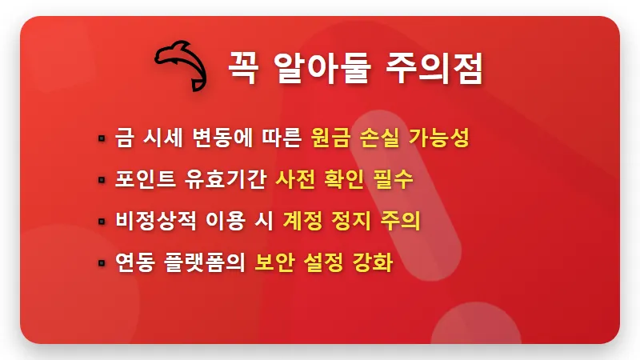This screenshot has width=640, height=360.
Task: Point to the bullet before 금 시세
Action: click(x=102, y=138)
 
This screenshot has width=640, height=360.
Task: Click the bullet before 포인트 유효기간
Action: click(x=102, y=180)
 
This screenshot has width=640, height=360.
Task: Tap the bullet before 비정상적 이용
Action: click(x=102, y=222)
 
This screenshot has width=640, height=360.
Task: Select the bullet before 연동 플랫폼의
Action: click(x=102, y=262)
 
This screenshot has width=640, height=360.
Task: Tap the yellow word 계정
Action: click(x=301, y=221)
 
